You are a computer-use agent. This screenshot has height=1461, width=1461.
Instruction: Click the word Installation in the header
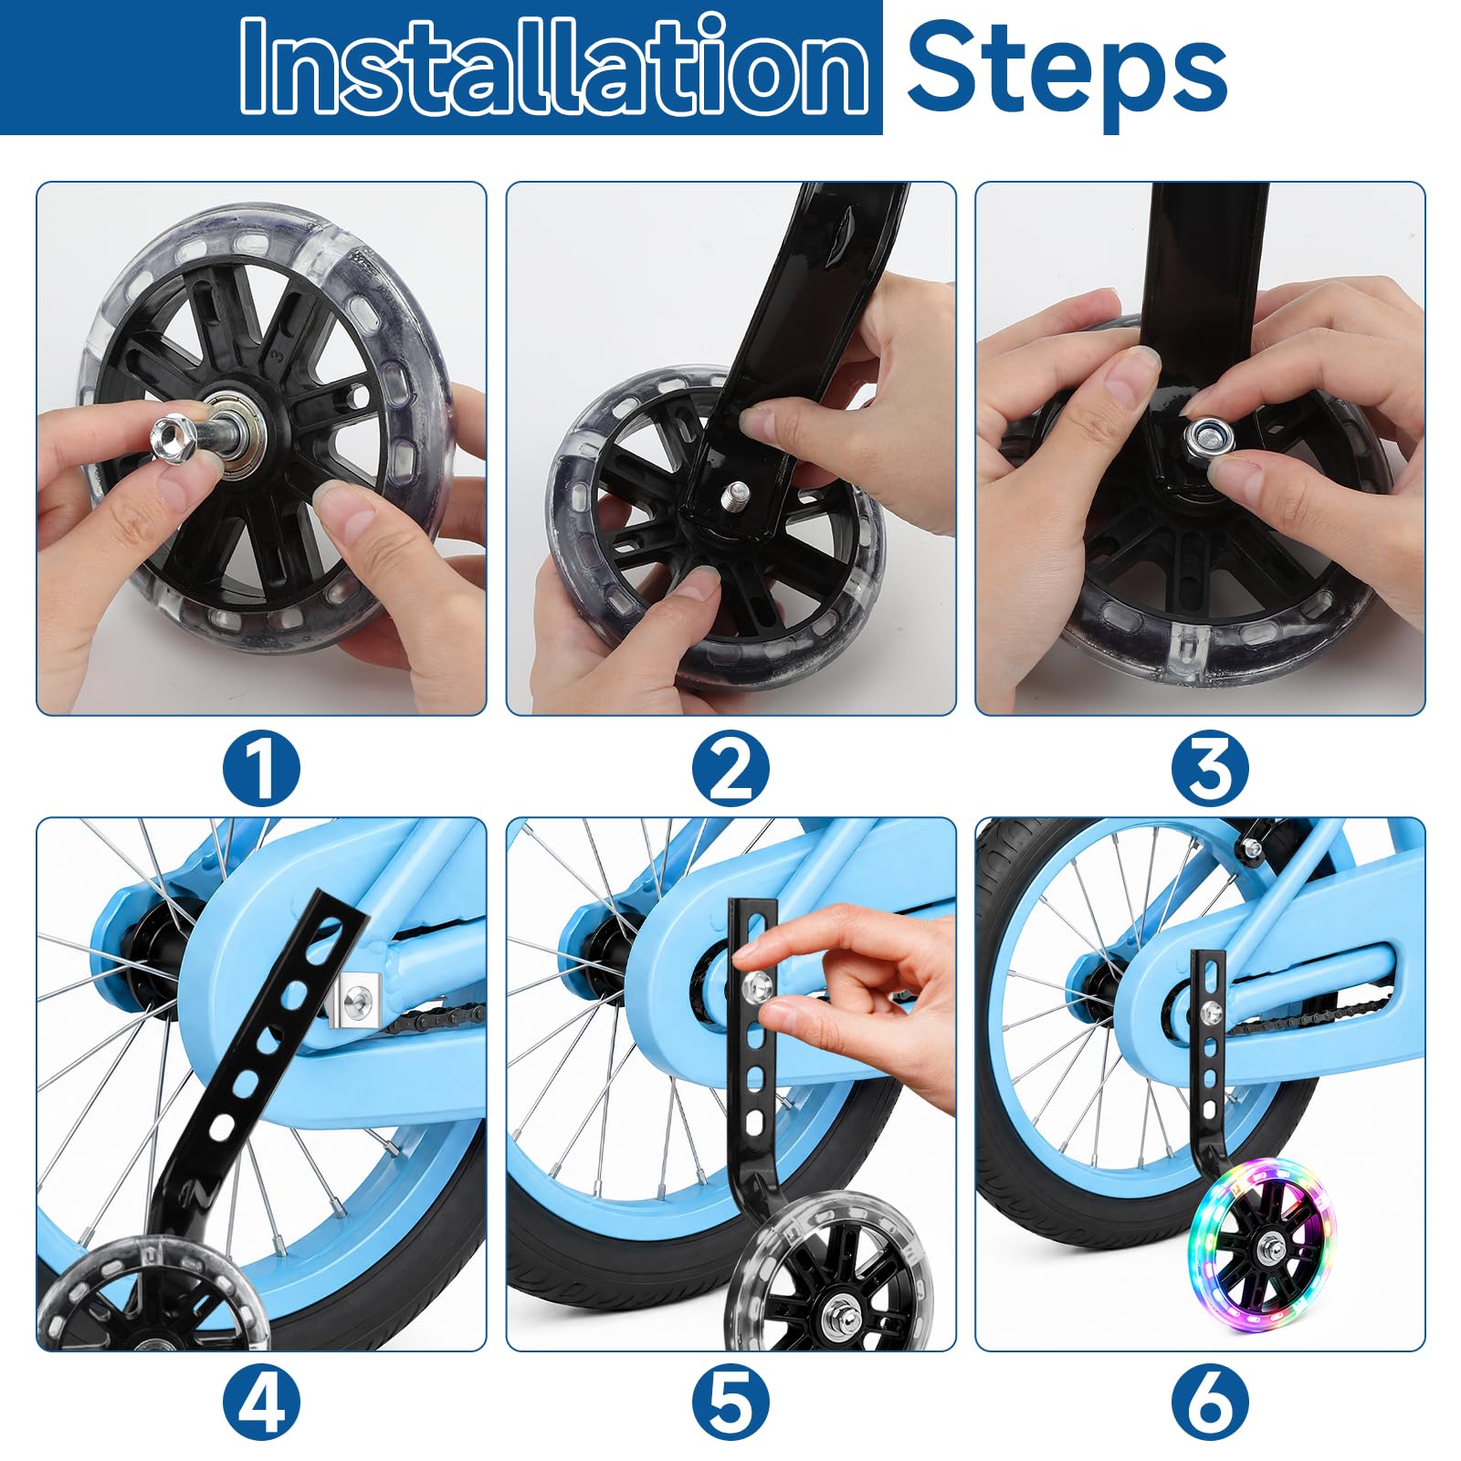coord(554,66)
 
